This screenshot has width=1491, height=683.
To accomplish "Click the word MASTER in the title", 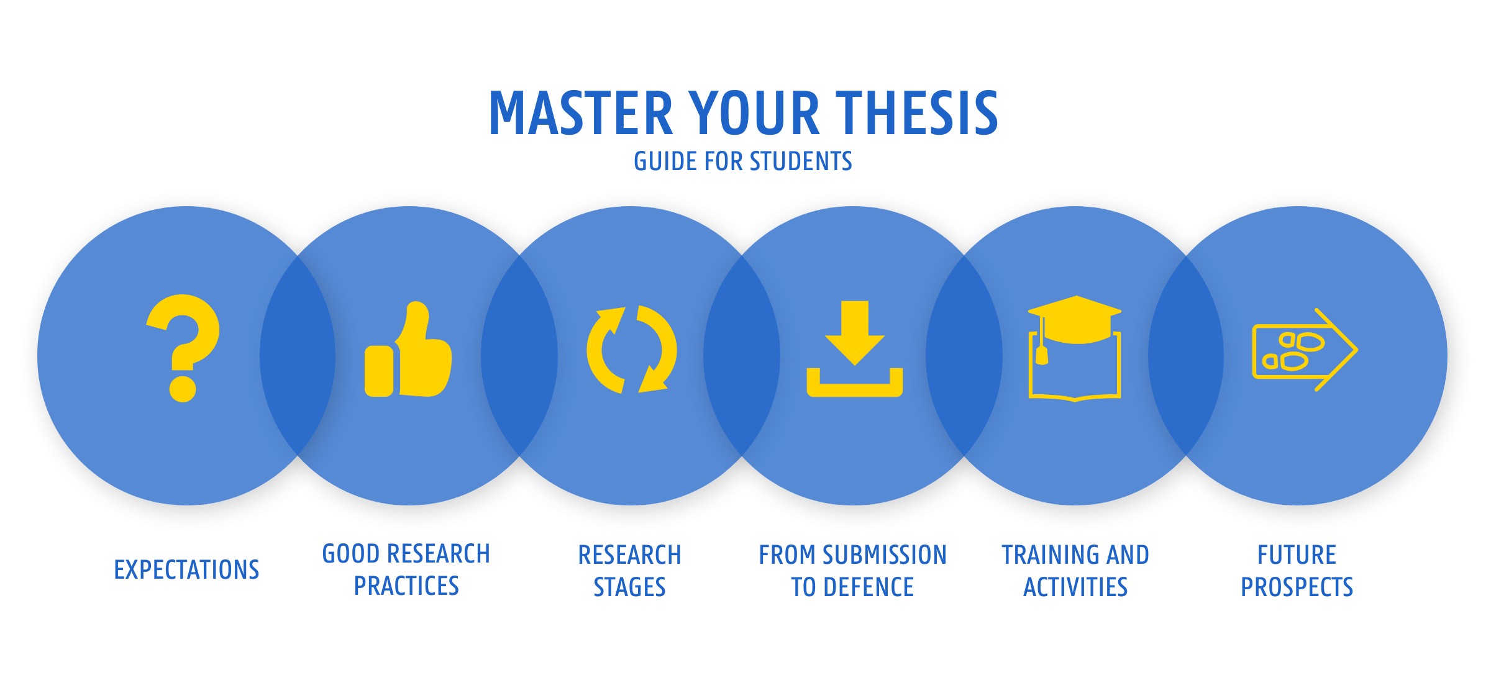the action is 581,112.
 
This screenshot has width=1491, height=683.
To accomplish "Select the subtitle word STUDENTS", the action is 801,161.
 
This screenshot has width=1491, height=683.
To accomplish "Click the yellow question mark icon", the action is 183,348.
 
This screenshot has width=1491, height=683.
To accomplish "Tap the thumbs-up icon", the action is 408,350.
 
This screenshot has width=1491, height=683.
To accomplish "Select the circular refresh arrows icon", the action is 632,350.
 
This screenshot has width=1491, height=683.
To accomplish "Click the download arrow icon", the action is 855,349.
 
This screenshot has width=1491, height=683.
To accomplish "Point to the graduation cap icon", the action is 1075,348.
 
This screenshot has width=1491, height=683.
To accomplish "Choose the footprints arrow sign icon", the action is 1305,350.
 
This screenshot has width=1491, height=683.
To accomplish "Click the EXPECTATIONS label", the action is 186,569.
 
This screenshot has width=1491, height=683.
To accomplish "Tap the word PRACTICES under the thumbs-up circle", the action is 406,586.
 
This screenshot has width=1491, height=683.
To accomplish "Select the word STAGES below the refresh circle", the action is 629,587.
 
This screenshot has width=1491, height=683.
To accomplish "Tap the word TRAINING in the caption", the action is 1047,554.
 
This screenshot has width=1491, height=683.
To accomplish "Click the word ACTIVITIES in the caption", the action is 1075,587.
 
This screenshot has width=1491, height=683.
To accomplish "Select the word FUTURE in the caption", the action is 1297,554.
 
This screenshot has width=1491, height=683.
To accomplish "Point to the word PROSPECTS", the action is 1297,587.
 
